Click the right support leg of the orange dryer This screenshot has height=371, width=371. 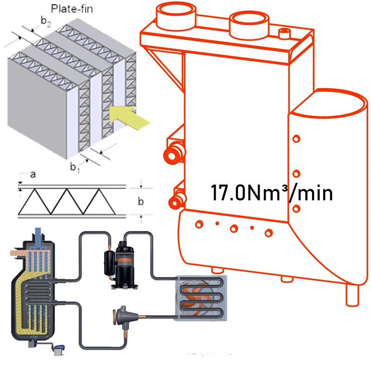click(352, 293)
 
